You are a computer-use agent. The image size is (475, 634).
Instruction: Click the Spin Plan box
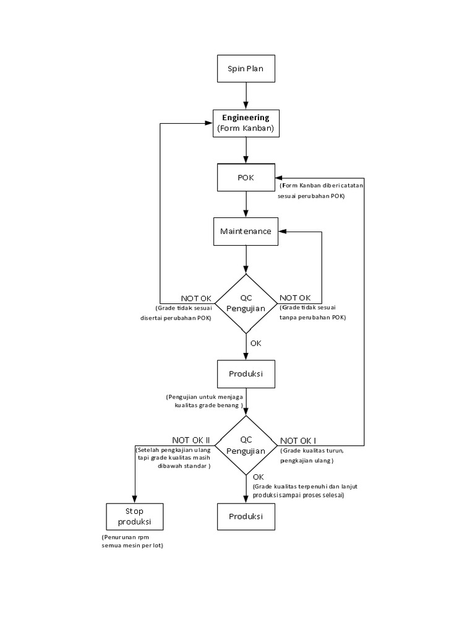click(246, 69)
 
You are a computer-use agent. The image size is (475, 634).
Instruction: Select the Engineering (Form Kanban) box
click(246, 123)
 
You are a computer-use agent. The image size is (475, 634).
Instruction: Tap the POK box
click(246, 178)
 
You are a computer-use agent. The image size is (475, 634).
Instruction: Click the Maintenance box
click(246, 232)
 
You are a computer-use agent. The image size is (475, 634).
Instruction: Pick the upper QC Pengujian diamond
click(246, 303)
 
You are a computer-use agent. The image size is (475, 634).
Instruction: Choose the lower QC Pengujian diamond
click(246, 445)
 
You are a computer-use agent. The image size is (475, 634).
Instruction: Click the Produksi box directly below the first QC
click(246, 375)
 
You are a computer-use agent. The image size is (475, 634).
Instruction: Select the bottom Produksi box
click(246, 516)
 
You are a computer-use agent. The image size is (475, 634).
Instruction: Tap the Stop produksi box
click(134, 516)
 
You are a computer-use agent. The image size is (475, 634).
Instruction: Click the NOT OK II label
click(192, 439)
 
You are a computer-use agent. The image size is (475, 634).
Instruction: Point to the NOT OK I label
click(299, 439)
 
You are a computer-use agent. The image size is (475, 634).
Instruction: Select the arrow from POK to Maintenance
click(246, 204)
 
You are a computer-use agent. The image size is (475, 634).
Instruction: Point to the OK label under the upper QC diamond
click(255, 342)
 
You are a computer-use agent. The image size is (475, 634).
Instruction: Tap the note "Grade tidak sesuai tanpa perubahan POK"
click(312, 312)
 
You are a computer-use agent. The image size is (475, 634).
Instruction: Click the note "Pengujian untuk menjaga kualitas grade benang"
click(205, 400)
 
